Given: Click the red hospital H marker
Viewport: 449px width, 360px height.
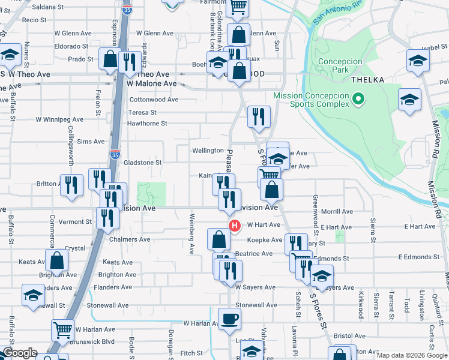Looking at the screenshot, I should point(235,226).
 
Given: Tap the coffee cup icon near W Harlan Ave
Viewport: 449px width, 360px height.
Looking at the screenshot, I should point(228,319).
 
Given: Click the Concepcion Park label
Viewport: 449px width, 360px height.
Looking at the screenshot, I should point(341,65).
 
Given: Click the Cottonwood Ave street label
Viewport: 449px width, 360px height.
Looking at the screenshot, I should point(154,100).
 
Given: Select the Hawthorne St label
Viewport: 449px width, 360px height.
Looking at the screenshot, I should point(146,124).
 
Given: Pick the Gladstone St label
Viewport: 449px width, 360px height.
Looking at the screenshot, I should point(142,163).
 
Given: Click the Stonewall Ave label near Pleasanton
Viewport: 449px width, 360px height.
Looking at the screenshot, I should point(256,305).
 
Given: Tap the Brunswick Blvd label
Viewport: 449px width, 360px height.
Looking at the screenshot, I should point(91,341).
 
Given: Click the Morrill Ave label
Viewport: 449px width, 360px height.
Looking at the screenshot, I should point(337,212).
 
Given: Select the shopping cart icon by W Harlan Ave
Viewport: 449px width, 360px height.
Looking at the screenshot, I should point(62,330).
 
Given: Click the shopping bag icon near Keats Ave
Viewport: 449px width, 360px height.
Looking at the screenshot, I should point(56,260).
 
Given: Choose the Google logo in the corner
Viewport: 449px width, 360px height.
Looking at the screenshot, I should point(20,353).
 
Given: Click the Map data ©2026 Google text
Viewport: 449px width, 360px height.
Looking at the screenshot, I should point(411,356).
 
